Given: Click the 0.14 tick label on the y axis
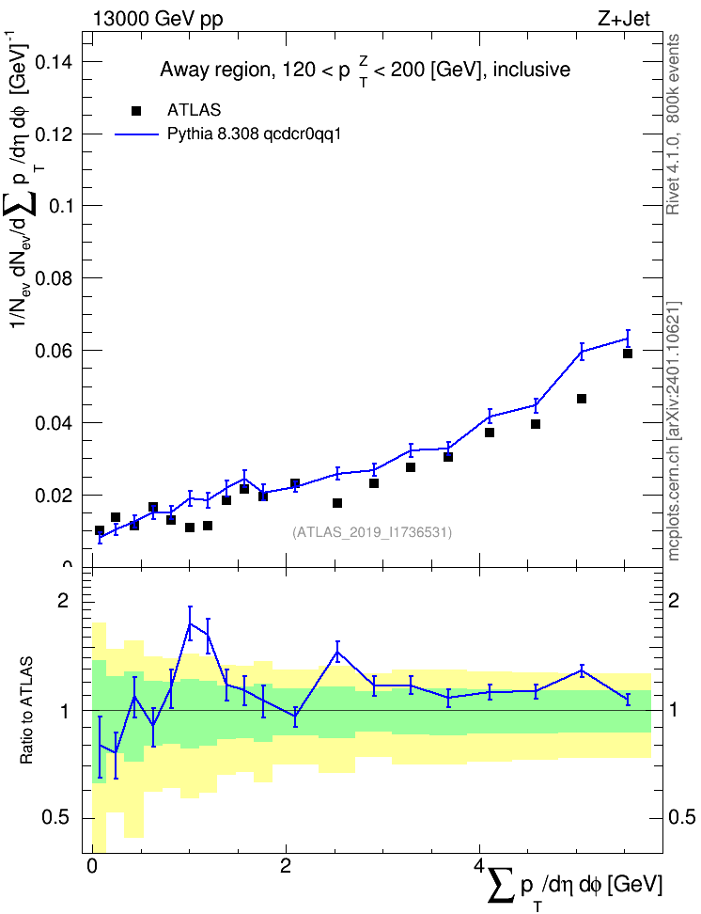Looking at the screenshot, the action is click(55, 62).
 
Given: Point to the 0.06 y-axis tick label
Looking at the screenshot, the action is click(55, 351).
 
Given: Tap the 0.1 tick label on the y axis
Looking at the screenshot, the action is click(62, 206).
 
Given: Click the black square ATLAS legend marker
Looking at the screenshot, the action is click(136, 111).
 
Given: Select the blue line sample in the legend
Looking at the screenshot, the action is click(136, 134).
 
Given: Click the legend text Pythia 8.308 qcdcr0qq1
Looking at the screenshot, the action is click(254, 134).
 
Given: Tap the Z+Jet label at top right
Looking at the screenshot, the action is click(623, 19).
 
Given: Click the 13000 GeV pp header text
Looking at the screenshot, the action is click(158, 20).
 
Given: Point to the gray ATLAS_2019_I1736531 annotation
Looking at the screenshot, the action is click(372, 531).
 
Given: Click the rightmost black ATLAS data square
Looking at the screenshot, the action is click(628, 354).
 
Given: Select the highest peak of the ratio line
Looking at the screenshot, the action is click(190, 623).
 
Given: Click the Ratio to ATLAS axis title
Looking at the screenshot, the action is click(26, 710).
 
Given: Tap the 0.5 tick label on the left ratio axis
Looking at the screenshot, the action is click(55, 818).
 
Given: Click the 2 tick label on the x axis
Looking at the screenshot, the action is click(286, 865).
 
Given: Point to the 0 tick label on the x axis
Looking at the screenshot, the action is click(91, 865).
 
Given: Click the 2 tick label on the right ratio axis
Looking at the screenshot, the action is click(674, 600).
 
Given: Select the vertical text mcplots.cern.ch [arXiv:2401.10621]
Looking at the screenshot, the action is click(674, 431).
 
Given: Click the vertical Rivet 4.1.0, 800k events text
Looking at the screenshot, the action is click(673, 124).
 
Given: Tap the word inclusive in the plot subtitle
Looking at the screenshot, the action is click(532, 70).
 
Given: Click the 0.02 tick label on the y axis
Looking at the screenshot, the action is click(55, 496).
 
